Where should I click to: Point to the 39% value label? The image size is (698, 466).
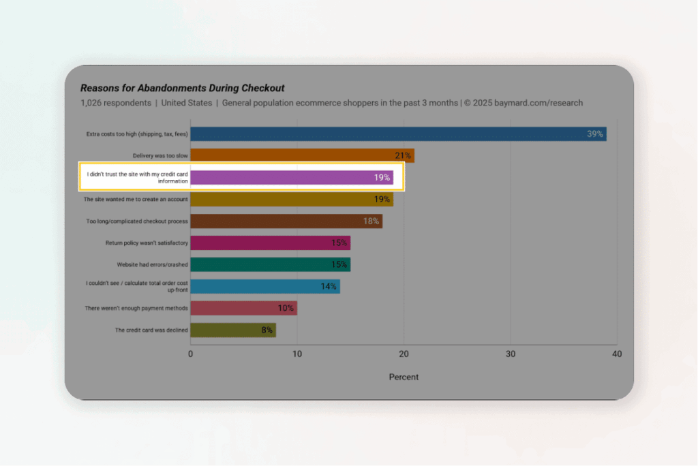(595, 134)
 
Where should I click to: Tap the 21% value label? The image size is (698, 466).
(404, 156)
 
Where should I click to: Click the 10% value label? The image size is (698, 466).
(286, 308)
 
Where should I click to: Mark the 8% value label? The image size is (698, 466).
(267, 330)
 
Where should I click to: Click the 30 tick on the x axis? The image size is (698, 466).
(511, 354)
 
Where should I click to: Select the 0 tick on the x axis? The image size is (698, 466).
(191, 354)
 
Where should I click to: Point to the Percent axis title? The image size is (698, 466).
(404, 377)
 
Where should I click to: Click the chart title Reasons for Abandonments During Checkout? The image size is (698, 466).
(182, 88)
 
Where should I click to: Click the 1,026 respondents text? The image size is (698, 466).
(115, 103)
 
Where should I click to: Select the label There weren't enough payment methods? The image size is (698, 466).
(136, 309)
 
